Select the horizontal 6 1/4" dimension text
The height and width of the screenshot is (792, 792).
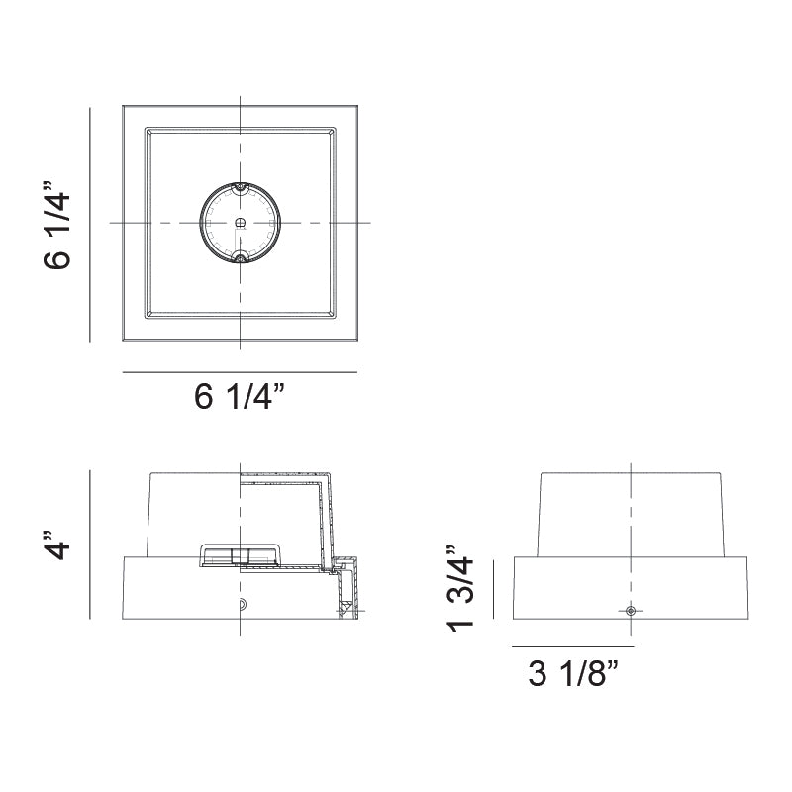coord(239,398)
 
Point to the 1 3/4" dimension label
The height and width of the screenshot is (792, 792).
coord(461,587)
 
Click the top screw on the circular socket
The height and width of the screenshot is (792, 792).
coord(240,186)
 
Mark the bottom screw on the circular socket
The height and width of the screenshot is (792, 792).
coord(240,260)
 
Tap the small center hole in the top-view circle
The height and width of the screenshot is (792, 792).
coord(240,223)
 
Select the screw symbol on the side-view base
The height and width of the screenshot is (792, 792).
coord(631,612)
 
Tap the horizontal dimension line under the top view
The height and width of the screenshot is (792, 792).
coord(239,372)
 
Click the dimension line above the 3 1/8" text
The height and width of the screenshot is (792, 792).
coord(572,645)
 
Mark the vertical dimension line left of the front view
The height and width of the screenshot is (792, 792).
coord(91,544)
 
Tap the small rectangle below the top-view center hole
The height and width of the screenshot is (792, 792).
coord(240,239)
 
